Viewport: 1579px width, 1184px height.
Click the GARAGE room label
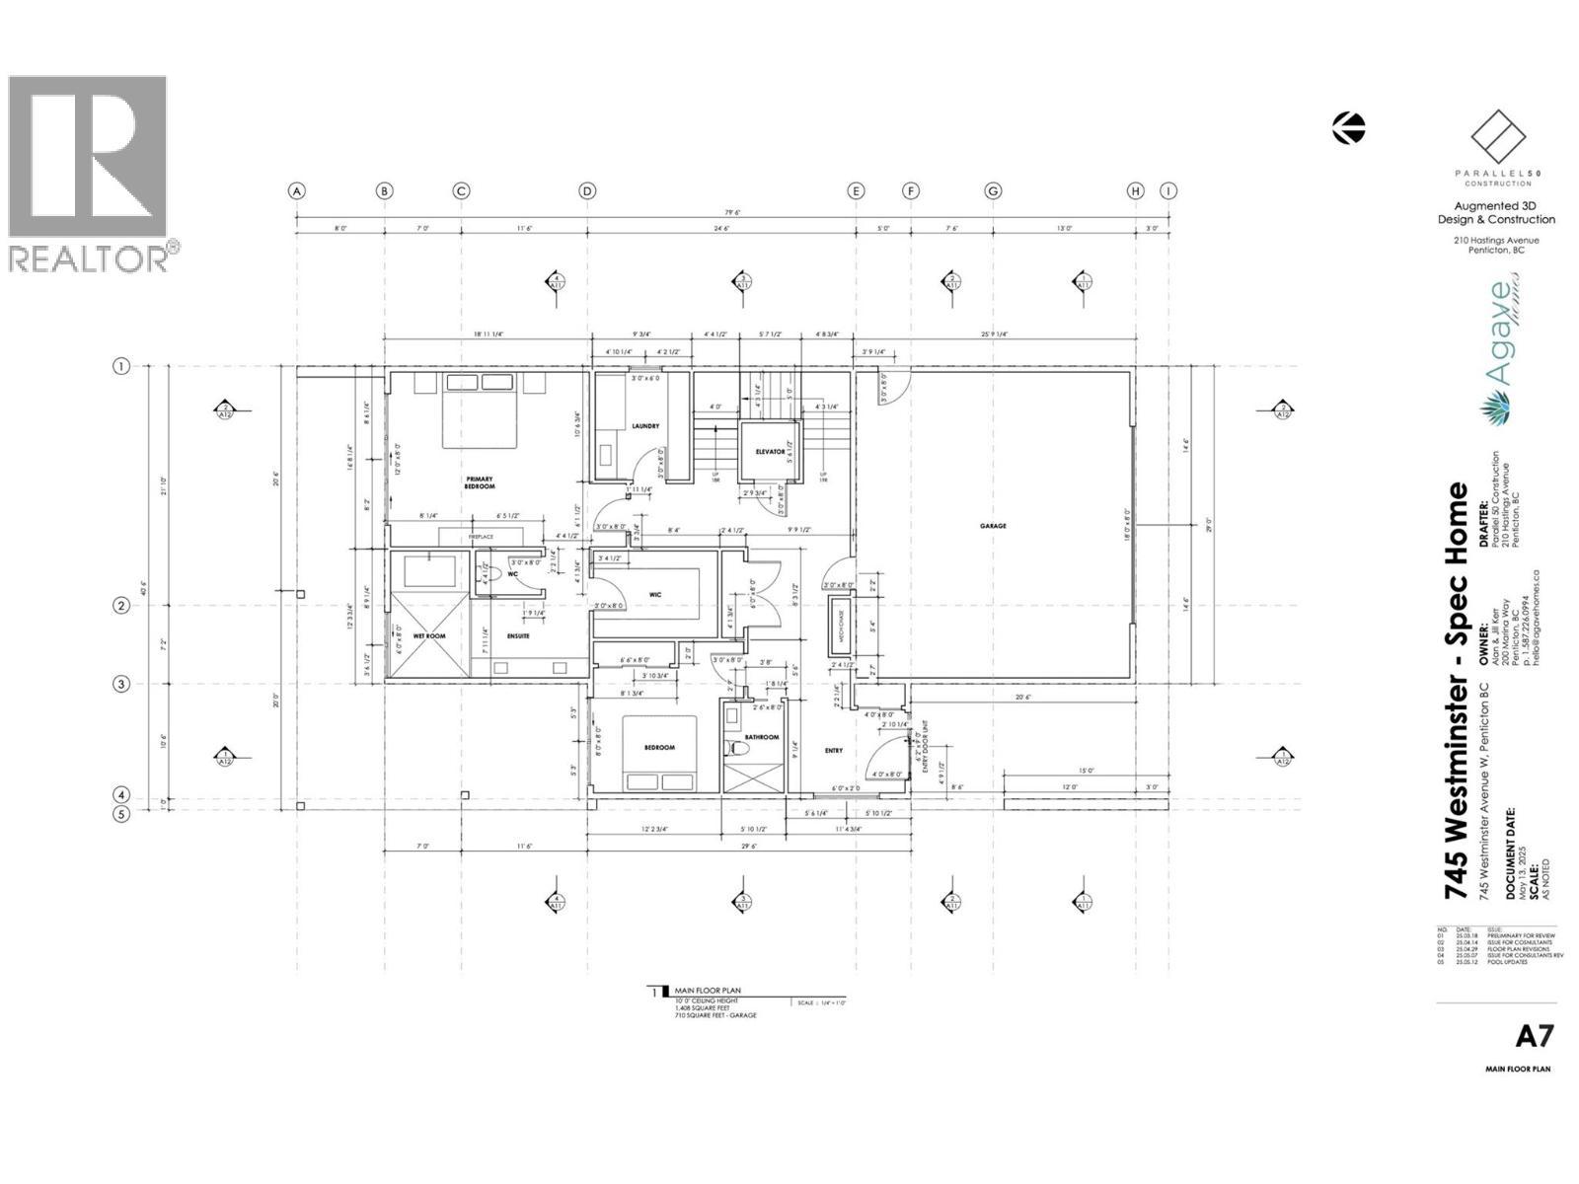pos(993,526)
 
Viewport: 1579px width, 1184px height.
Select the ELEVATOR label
pos(771,452)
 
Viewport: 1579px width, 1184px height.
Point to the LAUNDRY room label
pos(645,426)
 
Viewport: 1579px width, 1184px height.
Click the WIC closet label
pos(654,594)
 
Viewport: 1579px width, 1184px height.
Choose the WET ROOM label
pos(429,636)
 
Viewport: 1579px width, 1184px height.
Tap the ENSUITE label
pos(518,636)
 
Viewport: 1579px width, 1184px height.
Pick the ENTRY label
pos(834,751)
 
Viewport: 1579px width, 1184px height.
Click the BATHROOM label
pos(762,737)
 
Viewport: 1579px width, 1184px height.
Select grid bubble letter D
pos(587,191)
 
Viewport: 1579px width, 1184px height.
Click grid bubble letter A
pos(297,191)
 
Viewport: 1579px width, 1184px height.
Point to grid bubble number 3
pos(121,684)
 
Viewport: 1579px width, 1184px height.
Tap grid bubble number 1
pos(121,367)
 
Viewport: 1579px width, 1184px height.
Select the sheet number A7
pos(1535,1036)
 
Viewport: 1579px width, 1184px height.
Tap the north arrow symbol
pos(1348,127)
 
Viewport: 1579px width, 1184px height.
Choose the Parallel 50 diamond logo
pos(1498,138)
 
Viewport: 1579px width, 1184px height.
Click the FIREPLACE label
pos(481,537)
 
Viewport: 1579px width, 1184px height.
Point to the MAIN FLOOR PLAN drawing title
pos(707,990)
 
